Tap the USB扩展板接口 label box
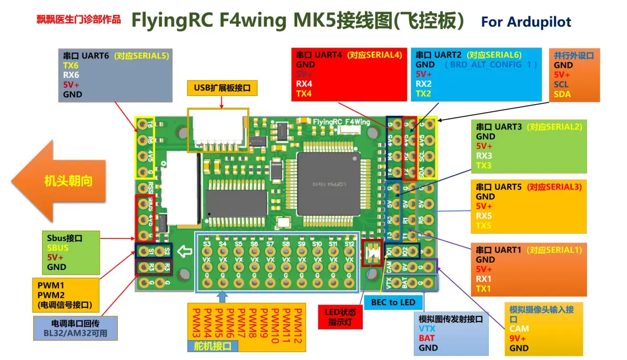point(222,88)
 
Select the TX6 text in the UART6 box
point(71,65)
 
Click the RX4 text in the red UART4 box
point(304,84)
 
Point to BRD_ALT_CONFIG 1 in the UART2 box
point(490,64)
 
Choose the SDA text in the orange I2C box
point(562,94)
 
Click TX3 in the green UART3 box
point(484,166)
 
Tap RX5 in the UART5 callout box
point(484,216)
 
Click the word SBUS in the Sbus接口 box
point(57,248)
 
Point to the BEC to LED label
point(393,302)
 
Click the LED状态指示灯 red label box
point(340,317)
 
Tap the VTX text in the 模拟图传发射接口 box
point(427,328)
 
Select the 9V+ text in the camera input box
point(518,338)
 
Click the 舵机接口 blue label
point(213,346)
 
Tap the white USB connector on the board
point(219,132)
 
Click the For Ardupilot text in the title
point(525,22)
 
